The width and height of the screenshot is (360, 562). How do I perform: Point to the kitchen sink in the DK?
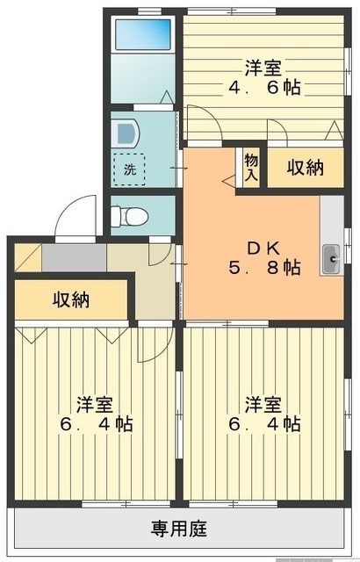click(x=333, y=257)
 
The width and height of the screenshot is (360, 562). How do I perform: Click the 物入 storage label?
click(x=251, y=166)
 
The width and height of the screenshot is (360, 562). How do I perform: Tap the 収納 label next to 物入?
click(x=306, y=167)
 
